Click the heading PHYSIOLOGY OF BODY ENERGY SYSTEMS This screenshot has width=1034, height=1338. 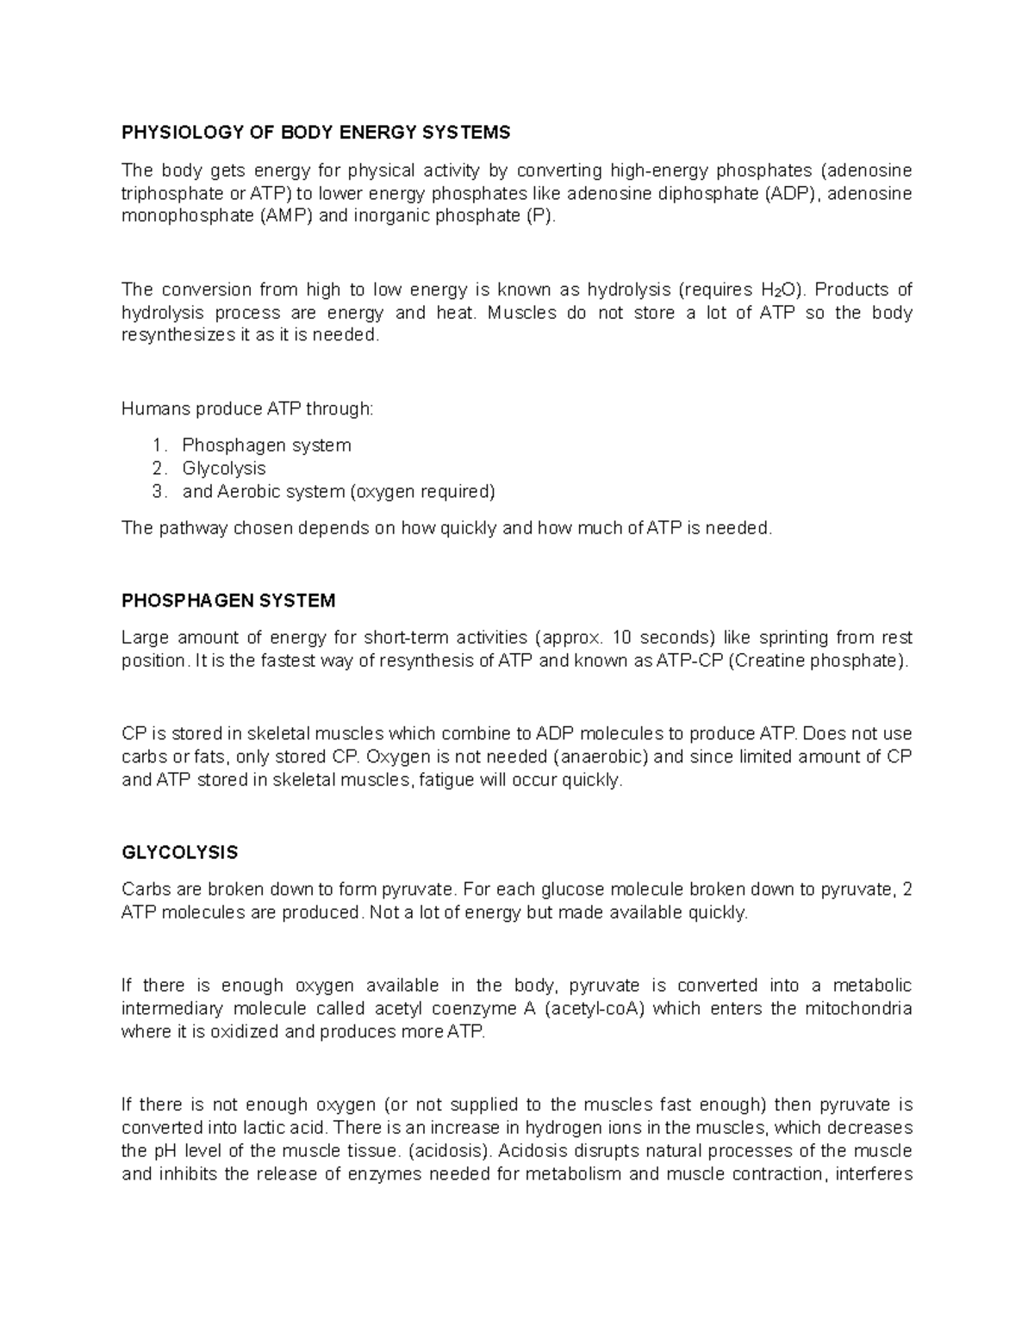[x=315, y=133]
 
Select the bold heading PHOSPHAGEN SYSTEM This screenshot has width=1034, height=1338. [x=228, y=601]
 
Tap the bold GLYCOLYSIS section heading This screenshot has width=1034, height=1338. [x=179, y=853]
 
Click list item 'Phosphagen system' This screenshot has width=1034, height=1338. [x=266, y=445]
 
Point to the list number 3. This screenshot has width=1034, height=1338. [x=158, y=492]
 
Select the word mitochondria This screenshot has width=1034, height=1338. [x=858, y=1009]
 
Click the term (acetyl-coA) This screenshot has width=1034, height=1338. [x=595, y=1009]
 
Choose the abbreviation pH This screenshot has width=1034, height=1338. [x=165, y=1152]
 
